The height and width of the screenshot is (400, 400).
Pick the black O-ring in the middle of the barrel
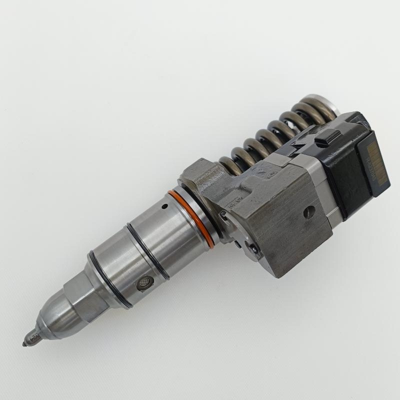tap(147, 250)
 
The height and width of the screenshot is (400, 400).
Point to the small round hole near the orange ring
tap(163, 206)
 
